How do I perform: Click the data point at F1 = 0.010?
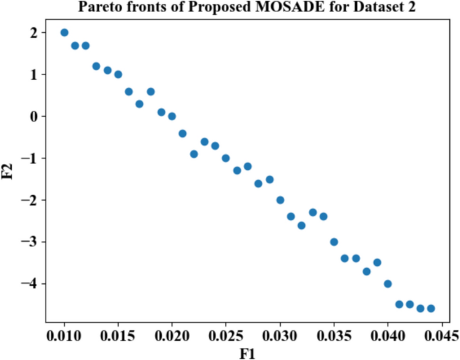tap(64, 32)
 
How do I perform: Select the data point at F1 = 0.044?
tap(430, 308)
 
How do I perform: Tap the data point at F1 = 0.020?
tap(172, 116)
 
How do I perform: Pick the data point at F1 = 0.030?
tap(280, 200)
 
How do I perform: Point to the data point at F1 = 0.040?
tap(387, 283)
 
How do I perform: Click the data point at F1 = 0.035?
tap(334, 242)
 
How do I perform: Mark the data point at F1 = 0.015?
tap(118, 75)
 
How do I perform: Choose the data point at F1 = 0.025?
tap(226, 159)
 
